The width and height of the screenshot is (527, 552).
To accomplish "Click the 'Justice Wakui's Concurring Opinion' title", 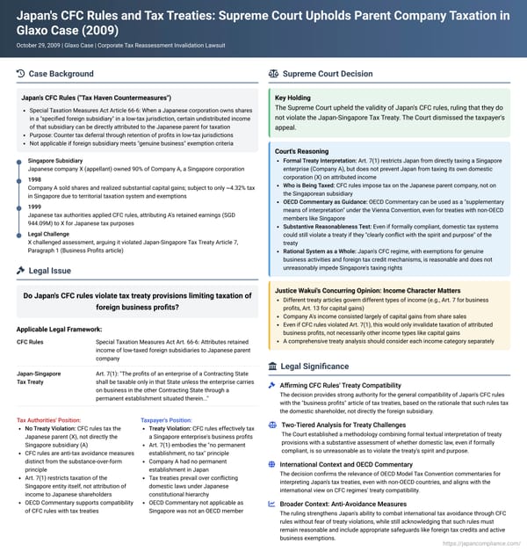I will [x=366, y=264].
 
